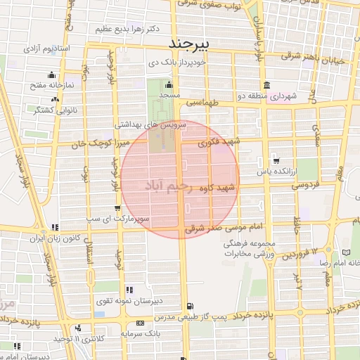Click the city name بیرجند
point(191,43)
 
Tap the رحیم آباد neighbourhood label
point(167,186)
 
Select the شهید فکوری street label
point(219,142)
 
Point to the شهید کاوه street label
point(219,188)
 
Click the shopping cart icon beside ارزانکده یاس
point(275,160)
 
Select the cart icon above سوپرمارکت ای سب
point(117,208)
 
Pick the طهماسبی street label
point(203,103)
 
